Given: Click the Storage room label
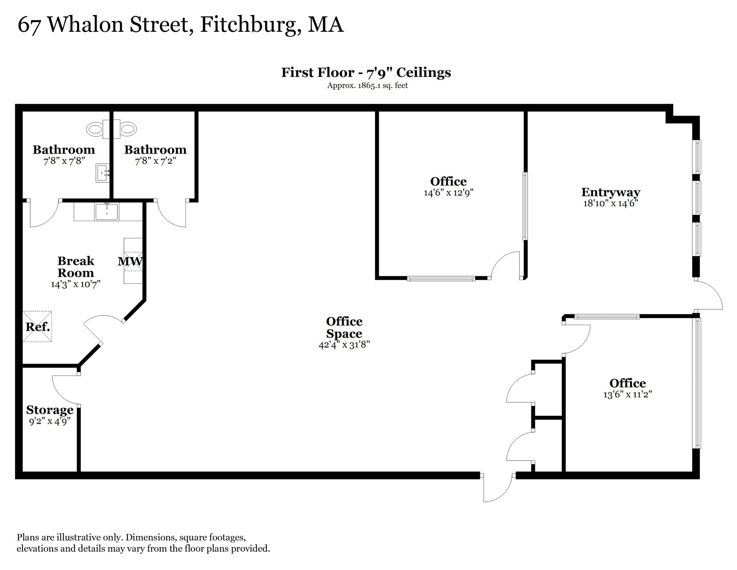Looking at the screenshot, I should (50, 410).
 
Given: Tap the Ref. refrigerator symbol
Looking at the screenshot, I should (37, 327).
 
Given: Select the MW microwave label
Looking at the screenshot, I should (130, 261).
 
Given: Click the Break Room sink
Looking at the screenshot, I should (107, 212).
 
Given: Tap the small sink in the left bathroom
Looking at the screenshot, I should (103, 173).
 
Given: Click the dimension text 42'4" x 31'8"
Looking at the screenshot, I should (344, 345).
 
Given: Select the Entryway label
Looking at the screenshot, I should (611, 192).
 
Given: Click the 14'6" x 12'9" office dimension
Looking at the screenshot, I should (448, 193).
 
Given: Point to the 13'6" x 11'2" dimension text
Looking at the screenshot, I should (628, 394).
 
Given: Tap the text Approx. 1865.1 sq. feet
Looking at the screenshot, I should (367, 86).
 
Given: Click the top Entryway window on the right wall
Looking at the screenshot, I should (697, 157).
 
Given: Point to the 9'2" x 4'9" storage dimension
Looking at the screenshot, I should (50, 421).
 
